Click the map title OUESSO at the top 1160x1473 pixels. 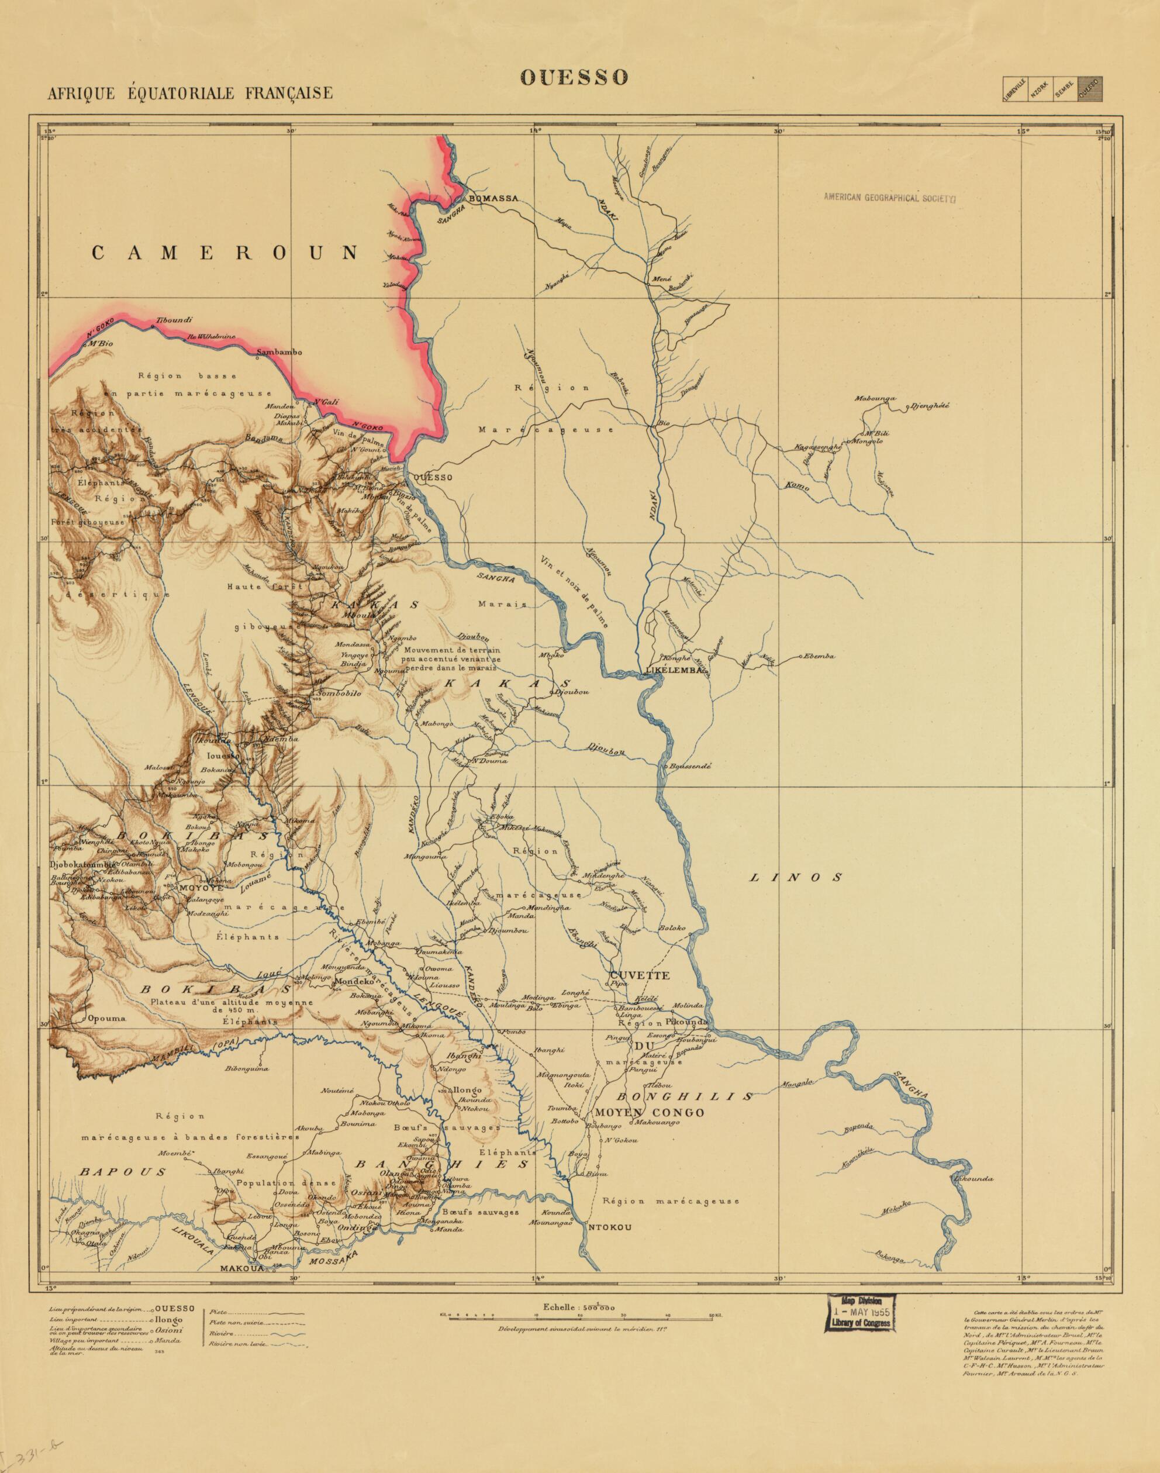[x=574, y=77]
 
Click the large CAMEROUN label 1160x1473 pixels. [x=225, y=253]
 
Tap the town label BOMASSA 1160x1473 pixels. [x=493, y=198]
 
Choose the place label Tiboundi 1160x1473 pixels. [x=175, y=319]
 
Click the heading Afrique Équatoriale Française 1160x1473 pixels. [x=190, y=93]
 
